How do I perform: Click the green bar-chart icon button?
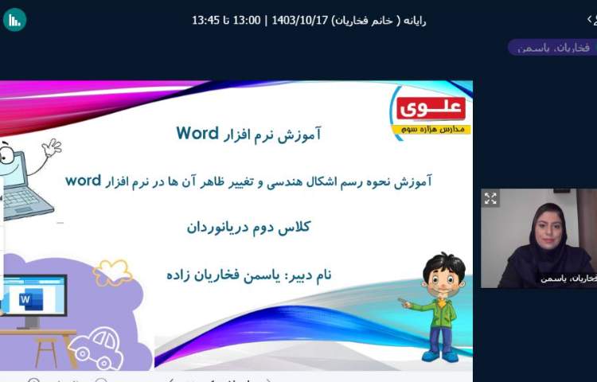(14, 20)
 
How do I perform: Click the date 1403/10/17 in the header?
(302, 20)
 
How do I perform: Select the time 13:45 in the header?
(205, 20)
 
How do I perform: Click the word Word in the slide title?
(197, 133)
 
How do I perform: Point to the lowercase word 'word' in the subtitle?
(83, 180)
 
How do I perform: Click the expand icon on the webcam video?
(490, 199)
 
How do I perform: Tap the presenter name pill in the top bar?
(552, 48)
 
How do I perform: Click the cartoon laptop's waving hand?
(52, 148)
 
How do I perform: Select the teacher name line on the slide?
(248, 275)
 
